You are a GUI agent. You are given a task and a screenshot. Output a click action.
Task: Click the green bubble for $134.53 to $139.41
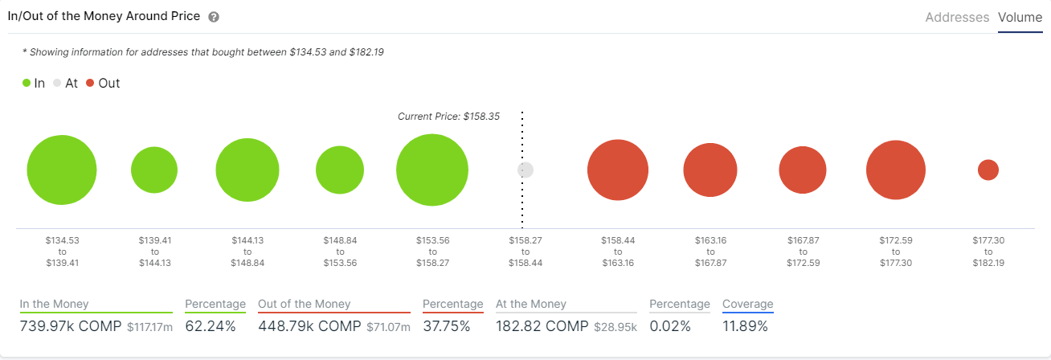point(62,170)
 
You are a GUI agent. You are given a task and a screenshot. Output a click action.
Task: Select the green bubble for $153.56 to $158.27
point(432,170)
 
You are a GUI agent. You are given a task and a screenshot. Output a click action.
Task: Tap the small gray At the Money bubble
point(525,170)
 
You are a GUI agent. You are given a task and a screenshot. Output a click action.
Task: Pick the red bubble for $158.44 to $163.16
point(618,170)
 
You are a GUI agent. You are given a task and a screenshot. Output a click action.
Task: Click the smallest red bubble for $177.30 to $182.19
point(988,170)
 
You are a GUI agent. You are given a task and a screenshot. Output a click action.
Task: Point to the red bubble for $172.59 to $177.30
point(896,170)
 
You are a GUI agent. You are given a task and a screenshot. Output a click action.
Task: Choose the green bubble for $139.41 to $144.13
point(154,170)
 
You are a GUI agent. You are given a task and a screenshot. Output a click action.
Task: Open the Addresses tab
point(957,17)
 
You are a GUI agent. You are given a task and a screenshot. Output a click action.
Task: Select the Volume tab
point(1020,17)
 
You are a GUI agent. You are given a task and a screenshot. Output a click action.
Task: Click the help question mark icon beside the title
point(214,17)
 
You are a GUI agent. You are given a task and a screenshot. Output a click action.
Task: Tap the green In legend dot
point(27,83)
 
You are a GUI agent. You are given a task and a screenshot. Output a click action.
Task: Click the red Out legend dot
point(90,83)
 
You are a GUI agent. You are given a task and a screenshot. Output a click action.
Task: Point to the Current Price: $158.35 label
point(448,117)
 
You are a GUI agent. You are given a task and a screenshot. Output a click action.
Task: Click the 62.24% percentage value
point(211,326)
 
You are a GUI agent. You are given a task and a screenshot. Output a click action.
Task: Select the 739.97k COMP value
point(70,326)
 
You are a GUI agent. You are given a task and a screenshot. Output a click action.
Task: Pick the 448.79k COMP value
point(309,326)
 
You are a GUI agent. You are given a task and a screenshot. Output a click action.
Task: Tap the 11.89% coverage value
point(745,326)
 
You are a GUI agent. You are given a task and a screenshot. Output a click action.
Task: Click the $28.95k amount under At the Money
point(615,327)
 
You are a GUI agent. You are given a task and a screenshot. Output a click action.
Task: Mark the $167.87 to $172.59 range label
point(803,252)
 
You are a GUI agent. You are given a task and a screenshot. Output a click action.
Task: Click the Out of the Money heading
point(305,305)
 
